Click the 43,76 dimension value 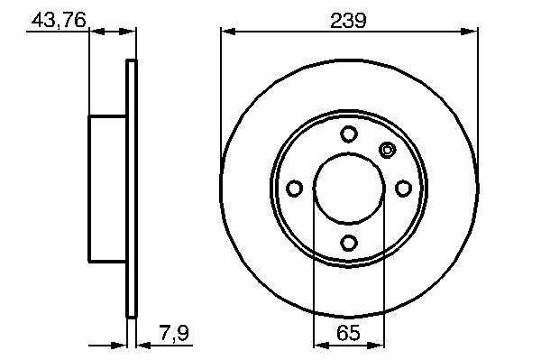point(59,21)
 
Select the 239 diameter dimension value point(348,21)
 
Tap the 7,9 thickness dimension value point(175,334)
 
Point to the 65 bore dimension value point(348,333)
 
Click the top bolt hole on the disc point(348,134)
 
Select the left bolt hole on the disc point(295,189)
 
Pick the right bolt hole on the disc point(403,189)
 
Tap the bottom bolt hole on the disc point(348,243)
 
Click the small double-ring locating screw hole point(388,150)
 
